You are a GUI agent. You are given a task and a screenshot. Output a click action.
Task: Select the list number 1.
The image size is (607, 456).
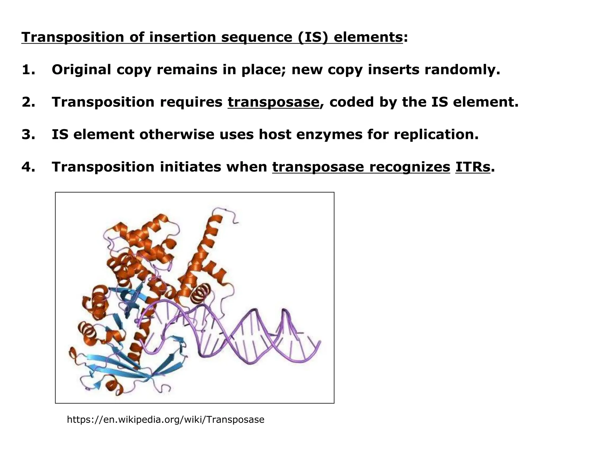point(28,70)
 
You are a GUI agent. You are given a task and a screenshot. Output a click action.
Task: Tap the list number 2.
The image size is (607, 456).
point(29,102)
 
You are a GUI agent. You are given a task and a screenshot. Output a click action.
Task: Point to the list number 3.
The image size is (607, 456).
point(29,134)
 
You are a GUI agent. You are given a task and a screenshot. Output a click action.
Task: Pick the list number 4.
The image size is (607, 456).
point(29,167)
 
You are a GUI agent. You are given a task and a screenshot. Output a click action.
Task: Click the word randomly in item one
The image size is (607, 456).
point(462,70)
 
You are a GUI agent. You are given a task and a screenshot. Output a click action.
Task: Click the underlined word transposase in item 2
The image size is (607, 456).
point(273,102)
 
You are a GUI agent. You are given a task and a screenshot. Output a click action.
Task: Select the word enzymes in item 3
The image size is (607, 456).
point(329,134)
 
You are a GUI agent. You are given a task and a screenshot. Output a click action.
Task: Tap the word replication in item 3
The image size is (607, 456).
point(436,134)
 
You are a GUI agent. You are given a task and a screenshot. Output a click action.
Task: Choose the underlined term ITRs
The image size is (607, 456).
point(472,167)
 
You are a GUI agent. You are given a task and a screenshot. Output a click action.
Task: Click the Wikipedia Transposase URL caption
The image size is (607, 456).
point(165,419)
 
